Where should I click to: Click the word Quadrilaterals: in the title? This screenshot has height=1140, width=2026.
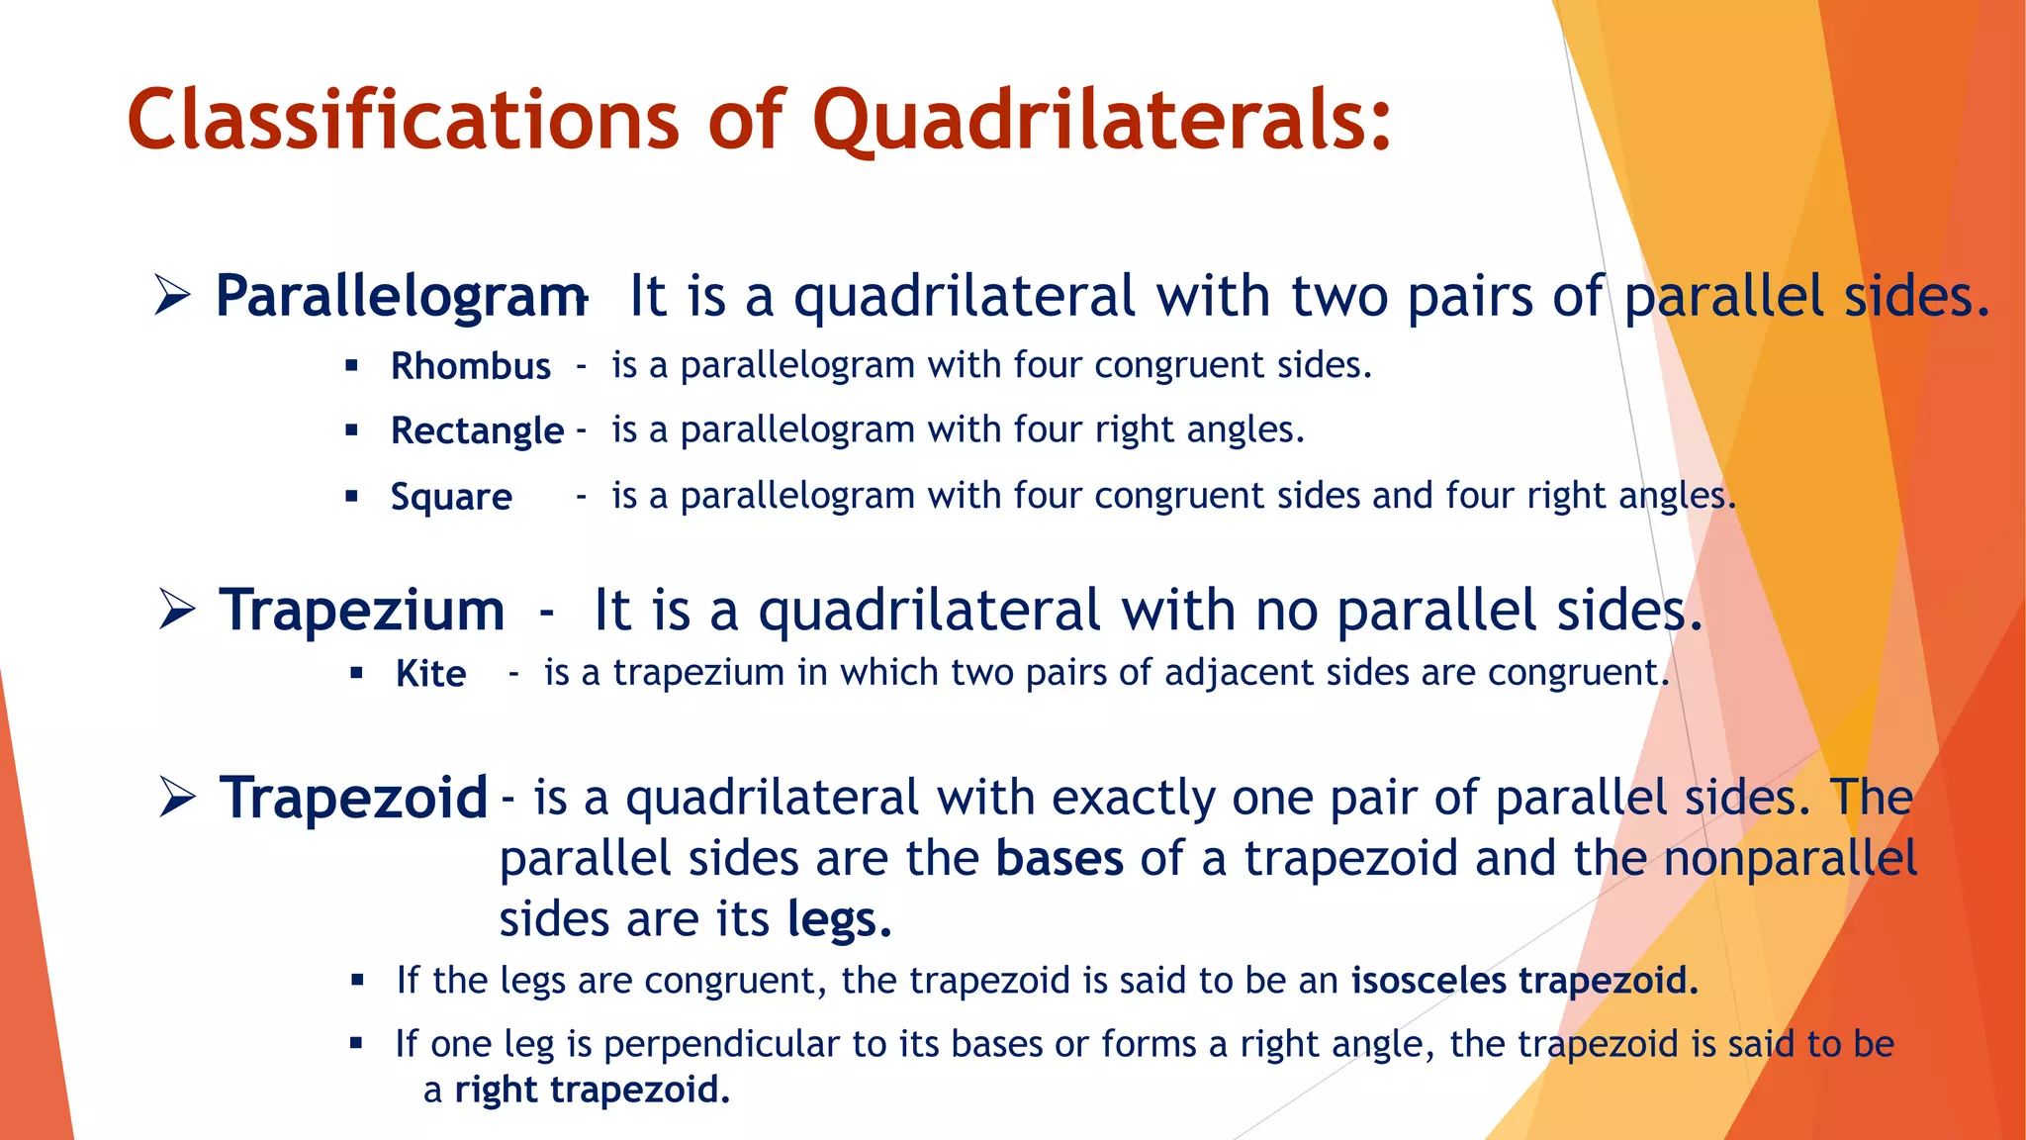coord(1101,121)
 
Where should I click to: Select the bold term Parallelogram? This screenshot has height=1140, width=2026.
coord(401,297)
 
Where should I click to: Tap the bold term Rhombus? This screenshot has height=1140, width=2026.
coord(471,366)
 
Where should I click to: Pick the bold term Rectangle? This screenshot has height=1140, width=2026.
coord(477,430)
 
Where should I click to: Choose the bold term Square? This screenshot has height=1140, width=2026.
coord(451,497)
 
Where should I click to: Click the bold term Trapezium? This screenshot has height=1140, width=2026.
coord(362,611)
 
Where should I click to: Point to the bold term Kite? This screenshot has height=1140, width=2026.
coord(430,674)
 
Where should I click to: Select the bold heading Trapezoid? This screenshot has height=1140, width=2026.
coord(353,798)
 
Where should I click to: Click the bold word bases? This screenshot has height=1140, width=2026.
coord(1059,859)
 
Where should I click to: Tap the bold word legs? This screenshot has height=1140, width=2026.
coord(838,920)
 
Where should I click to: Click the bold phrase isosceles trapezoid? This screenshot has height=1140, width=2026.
coord(1524,981)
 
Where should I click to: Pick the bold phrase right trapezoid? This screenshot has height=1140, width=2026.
coord(592,1090)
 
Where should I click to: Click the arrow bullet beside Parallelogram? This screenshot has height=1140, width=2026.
coord(172,296)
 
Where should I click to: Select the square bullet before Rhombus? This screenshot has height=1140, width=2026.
coord(351,365)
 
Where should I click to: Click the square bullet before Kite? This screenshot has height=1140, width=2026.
coord(357,674)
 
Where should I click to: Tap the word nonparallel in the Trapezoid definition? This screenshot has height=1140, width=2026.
coord(1790,859)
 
